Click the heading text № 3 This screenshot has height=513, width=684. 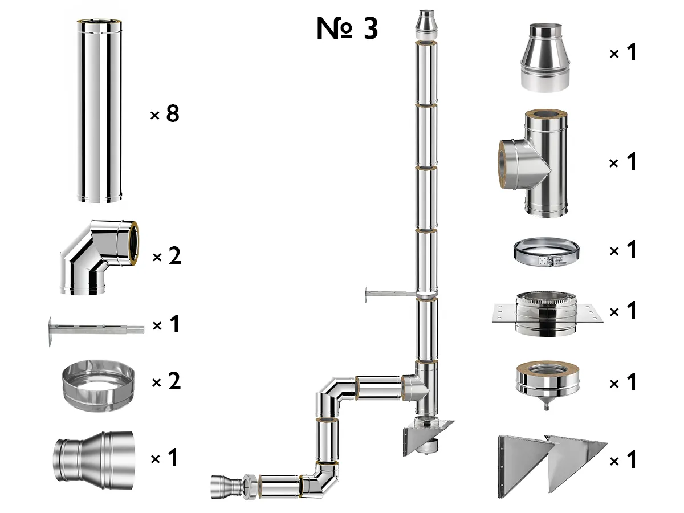coord(347,29)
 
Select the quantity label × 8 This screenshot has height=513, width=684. coord(165,115)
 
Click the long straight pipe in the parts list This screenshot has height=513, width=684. coord(99,111)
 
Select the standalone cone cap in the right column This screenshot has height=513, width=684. coord(544,57)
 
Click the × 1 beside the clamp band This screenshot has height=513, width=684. coord(622,250)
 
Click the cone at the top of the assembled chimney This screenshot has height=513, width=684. coord(426,25)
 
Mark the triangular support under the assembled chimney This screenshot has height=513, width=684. coord(427,436)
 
